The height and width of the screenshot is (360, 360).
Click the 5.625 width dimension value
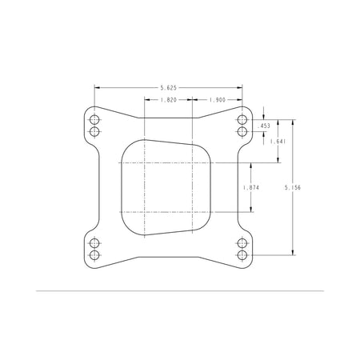[168, 88]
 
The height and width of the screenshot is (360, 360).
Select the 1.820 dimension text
[169, 100]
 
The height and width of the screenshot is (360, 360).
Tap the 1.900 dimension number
[218, 100]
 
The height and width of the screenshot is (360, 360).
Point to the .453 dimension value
[264, 126]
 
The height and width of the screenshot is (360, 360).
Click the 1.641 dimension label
[278, 142]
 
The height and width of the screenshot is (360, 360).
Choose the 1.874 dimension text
[251, 188]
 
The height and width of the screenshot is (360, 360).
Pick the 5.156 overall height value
[293, 188]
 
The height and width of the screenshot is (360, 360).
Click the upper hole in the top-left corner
[94, 120]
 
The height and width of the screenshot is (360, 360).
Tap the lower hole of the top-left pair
[94, 131]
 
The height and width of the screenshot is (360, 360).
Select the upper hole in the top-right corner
[242, 120]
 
